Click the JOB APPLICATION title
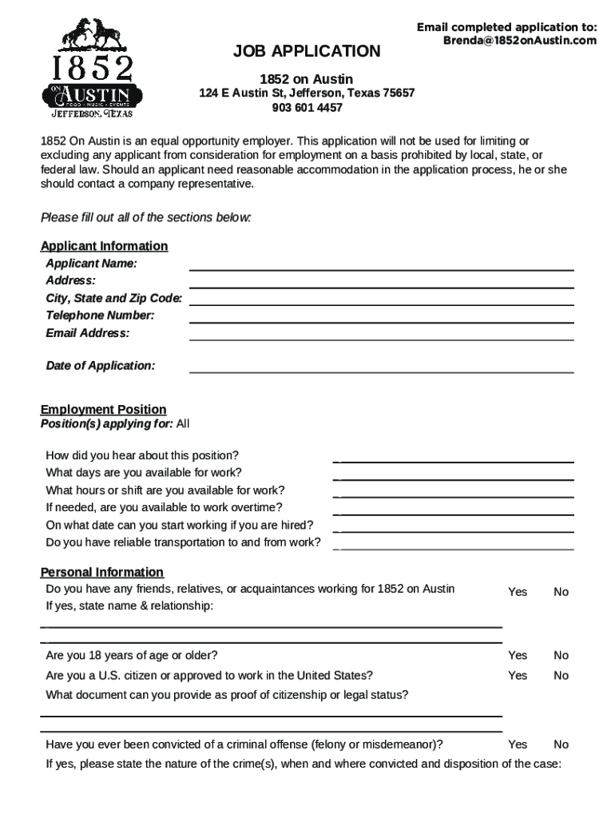pyautogui.click(x=307, y=52)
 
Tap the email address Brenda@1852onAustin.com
pyautogui.click(x=519, y=41)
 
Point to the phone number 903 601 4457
pyautogui.click(x=307, y=108)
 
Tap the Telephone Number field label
pyautogui.click(x=100, y=316)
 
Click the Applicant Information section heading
pyautogui.click(x=104, y=246)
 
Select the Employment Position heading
pyautogui.click(x=104, y=410)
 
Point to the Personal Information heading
pyautogui.click(x=102, y=572)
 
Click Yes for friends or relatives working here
pyautogui.click(x=518, y=592)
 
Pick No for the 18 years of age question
pyautogui.click(x=561, y=656)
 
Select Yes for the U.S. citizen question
pyautogui.click(x=518, y=676)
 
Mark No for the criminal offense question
pyautogui.click(x=561, y=745)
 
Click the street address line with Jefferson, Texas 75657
pyautogui.click(x=307, y=93)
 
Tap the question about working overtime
pyautogui.click(x=164, y=507)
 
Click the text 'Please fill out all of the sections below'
pyautogui.click(x=146, y=217)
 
